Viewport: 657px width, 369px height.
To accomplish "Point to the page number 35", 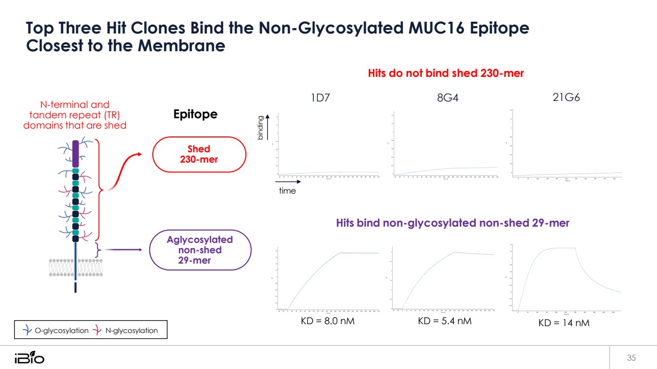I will pos(631,357).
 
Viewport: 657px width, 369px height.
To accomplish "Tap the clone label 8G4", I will pos(448,98).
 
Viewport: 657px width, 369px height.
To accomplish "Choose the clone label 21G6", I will pos(566,97).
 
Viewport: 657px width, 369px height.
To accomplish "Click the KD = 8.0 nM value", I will pos(328,321).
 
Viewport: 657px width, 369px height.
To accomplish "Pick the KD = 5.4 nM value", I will pos(445,321).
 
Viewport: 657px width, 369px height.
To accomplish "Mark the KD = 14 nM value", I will pos(562,323).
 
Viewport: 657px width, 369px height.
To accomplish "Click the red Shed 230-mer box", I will pos(199,154).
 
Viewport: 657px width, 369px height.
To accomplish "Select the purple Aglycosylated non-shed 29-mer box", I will pos(200,250).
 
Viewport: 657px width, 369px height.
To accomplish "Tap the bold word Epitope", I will pos(195,114).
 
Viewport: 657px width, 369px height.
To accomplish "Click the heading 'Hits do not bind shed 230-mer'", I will pos(446,73).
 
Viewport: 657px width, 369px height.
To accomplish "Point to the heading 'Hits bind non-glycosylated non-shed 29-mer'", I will pos(452,223).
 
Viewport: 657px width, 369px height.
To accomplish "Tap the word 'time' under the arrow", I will pos(287,191).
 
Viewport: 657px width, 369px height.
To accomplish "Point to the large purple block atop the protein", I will pos(75,154).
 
